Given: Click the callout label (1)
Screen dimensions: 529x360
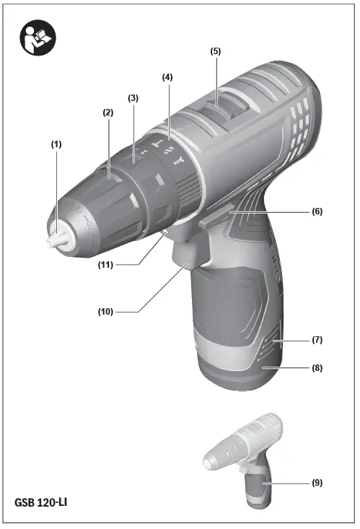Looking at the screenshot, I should pyautogui.click(x=56, y=144).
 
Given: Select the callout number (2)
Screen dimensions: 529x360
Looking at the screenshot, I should pyautogui.click(x=108, y=113).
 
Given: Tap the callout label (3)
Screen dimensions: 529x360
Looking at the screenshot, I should pyautogui.click(x=133, y=97).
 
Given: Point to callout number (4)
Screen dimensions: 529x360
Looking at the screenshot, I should pyautogui.click(x=167, y=76).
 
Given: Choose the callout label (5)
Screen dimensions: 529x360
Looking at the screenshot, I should pyautogui.click(x=215, y=51).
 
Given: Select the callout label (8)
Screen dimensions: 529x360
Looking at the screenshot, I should pyautogui.click(x=317, y=367).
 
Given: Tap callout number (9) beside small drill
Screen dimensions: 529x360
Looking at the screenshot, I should pyautogui.click(x=317, y=482).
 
